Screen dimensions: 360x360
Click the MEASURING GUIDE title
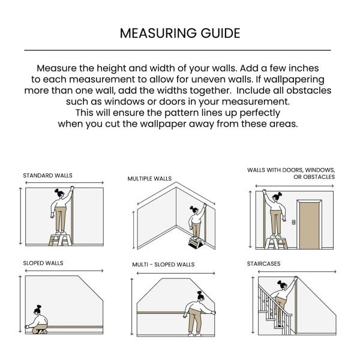click(x=180, y=32)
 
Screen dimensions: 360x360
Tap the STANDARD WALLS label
click(x=47, y=176)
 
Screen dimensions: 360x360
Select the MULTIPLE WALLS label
click(x=149, y=179)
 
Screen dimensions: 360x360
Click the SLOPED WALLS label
click(x=43, y=263)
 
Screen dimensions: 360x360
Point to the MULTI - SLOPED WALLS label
click(x=163, y=265)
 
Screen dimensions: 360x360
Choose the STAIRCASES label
click(x=263, y=263)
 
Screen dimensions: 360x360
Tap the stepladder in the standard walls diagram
click(x=59, y=239)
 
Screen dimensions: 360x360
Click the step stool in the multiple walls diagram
click(x=196, y=241)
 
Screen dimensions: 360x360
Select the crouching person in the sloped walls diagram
click(x=38, y=320)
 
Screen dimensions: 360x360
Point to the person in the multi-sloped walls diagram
click(x=196, y=312)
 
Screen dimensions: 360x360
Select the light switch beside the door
click(x=293, y=221)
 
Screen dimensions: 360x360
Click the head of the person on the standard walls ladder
click(x=59, y=193)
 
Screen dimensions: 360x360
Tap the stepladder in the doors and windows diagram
click(x=277, y=241)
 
